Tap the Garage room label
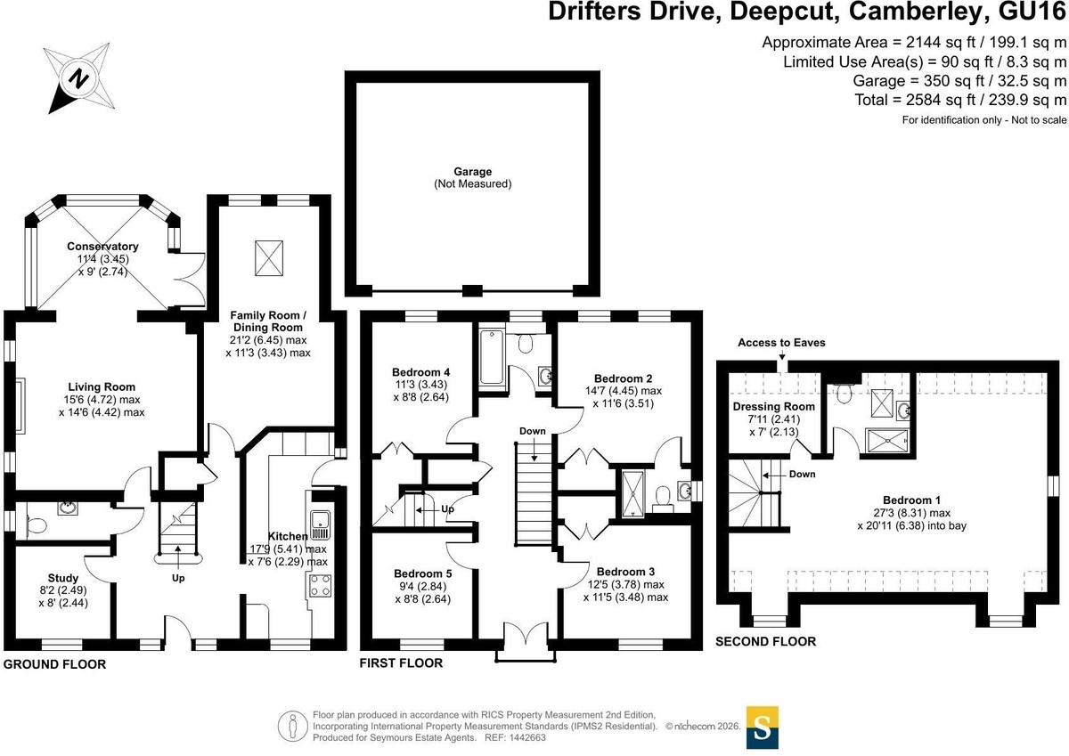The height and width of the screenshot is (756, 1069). coord(472,172)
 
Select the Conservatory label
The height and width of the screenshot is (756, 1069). coord(102,247)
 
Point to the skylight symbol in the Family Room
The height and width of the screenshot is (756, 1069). coord(269,258)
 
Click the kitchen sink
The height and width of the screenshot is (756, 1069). coord(320,524)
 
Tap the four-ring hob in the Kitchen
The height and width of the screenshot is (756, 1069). coord(320,586)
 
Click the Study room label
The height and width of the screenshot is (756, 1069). coord(63,578)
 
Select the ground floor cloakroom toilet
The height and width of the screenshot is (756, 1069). coord(37,525)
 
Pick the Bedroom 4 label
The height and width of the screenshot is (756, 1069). coord(420,372)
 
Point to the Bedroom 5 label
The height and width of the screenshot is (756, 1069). coord(423,573)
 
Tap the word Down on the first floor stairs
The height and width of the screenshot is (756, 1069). coord(533,431)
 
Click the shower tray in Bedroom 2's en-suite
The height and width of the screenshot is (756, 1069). coord(632,493)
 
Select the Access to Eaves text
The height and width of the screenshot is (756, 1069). coord(782,343)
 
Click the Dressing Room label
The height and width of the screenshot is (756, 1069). coord(773,406)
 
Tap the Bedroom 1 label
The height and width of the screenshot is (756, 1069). coord(911,500)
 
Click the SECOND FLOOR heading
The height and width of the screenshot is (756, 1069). coord(766,641)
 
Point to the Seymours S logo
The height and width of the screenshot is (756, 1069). coord(763,728)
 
